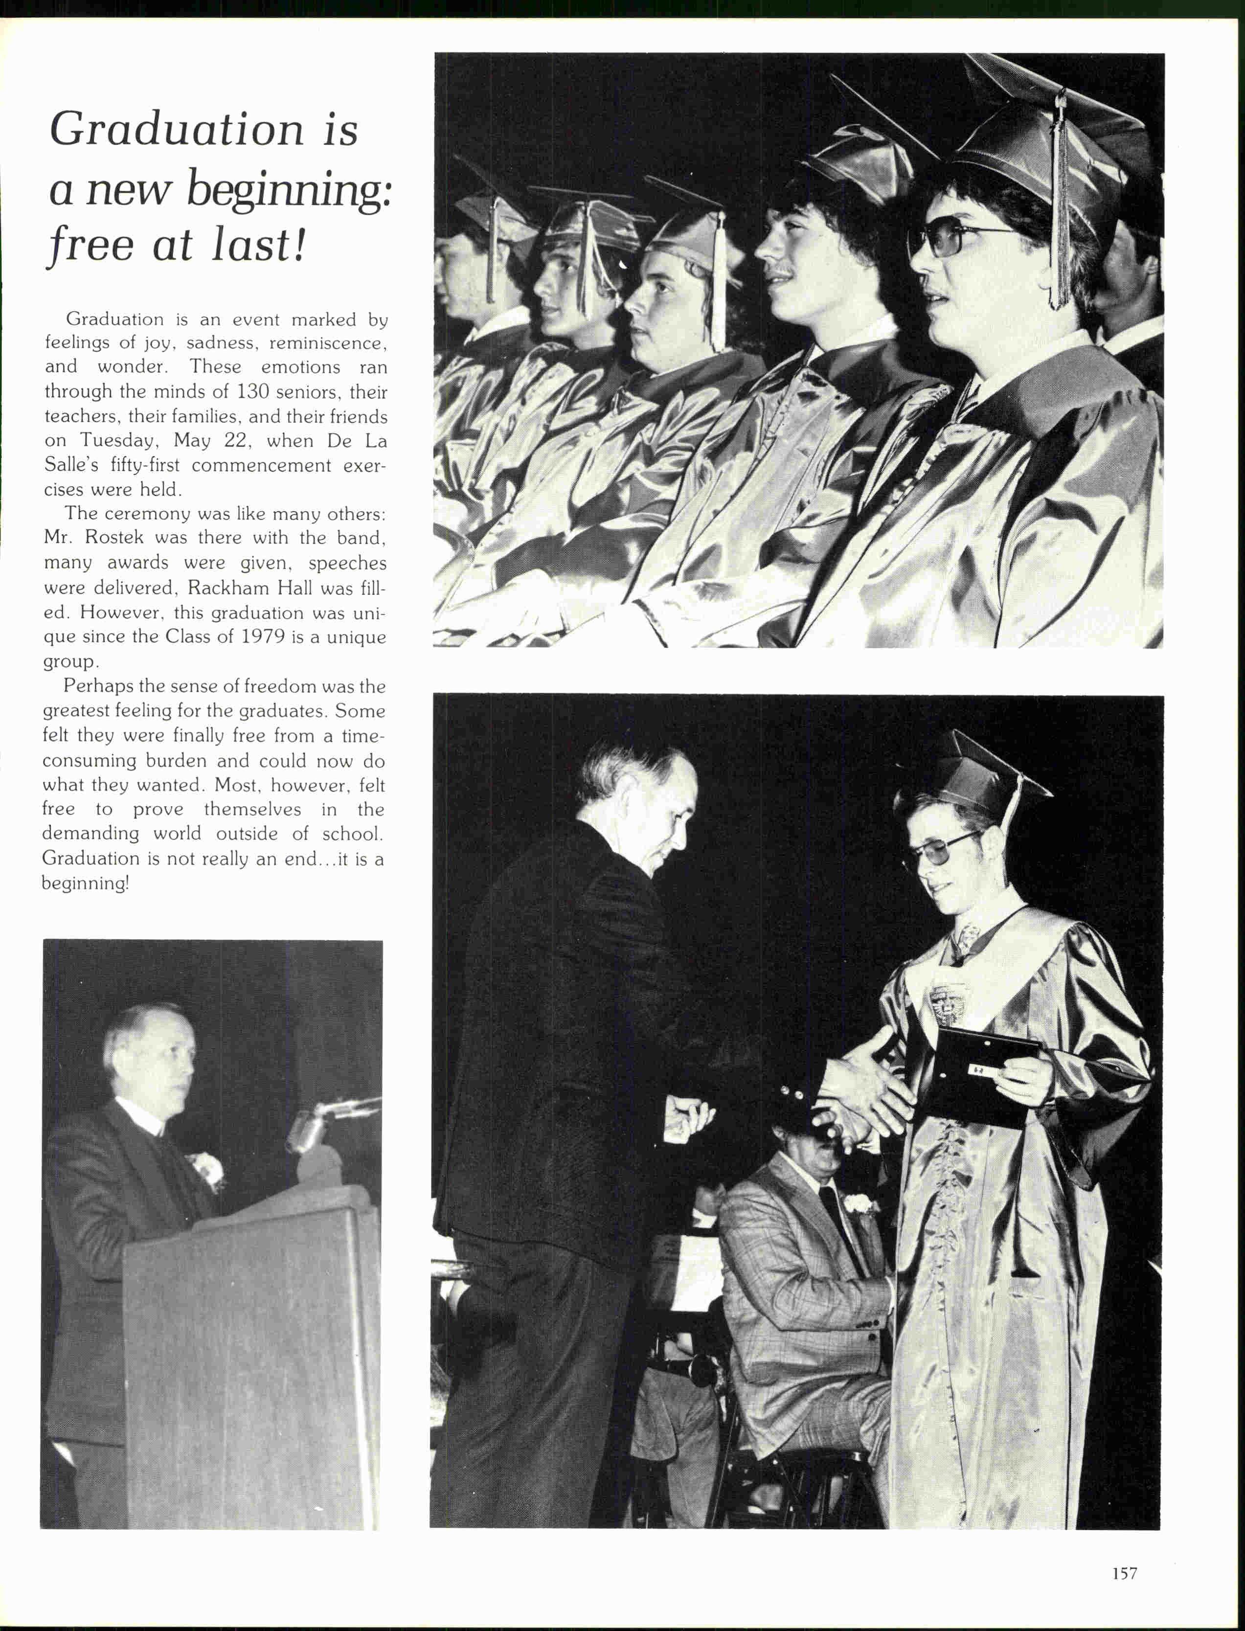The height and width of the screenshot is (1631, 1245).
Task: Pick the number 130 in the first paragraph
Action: click(253, 391)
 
